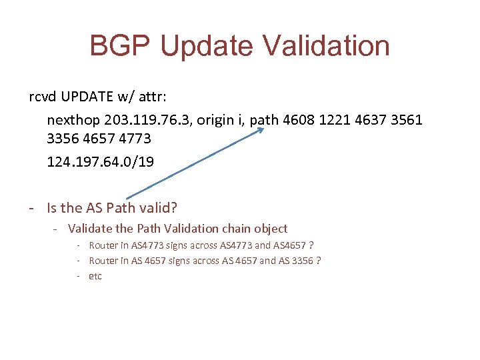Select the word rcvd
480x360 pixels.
(x=43, y=97)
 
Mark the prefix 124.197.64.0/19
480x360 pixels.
(x=100, y=161)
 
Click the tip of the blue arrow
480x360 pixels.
(x=263, y=130)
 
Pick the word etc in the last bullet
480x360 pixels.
(x=95, y=276)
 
